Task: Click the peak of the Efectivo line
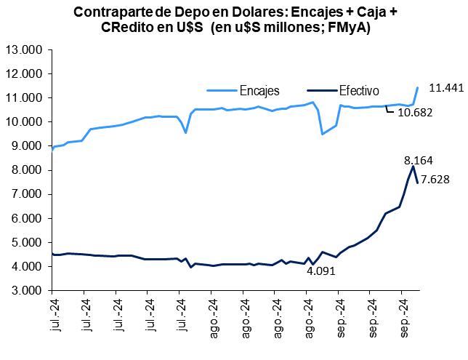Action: click(413, 167)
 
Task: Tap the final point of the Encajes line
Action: click(418, 88)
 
